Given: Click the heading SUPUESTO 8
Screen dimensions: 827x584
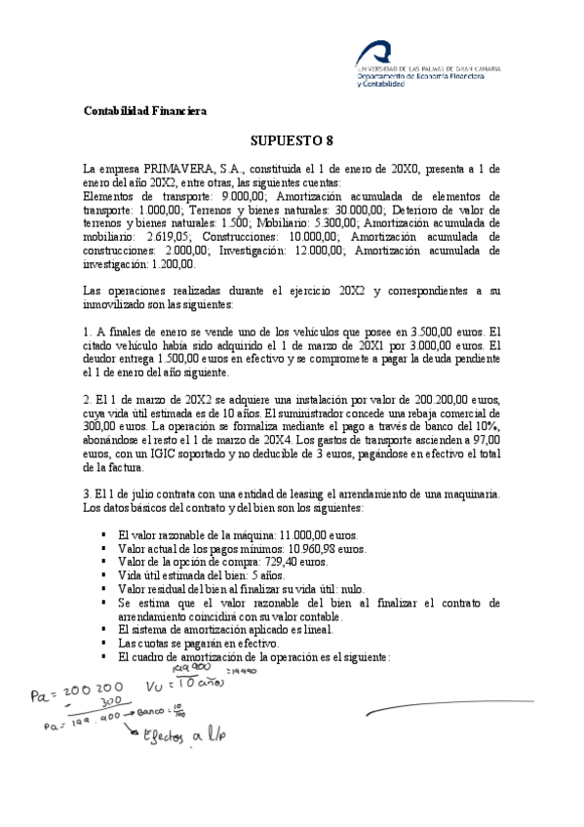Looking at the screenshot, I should (292, 139).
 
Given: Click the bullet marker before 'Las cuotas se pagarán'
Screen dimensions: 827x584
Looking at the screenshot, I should (103, 644).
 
